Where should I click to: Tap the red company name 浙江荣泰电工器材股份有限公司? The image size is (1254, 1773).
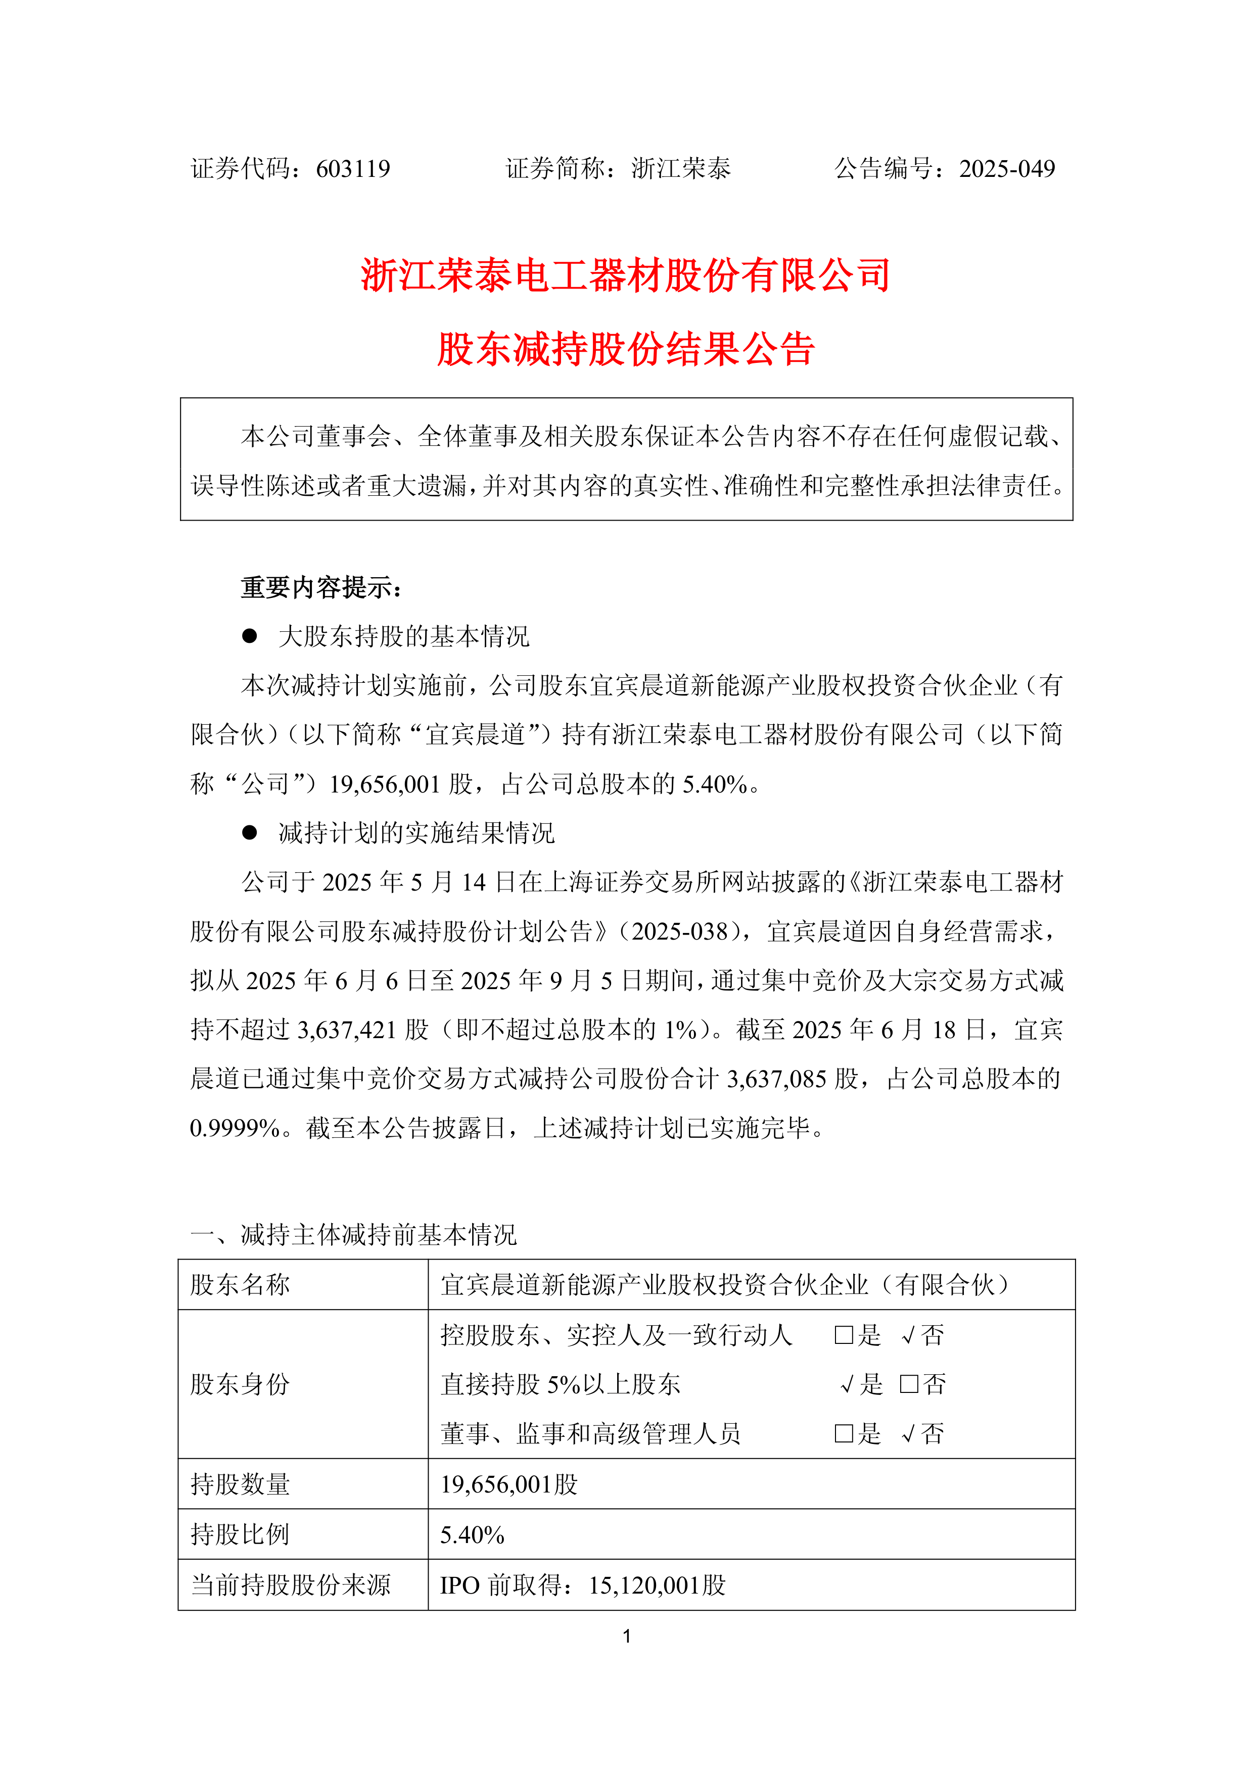click(x=626, y=275)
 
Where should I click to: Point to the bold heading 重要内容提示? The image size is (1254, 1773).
click(x=321, y=588)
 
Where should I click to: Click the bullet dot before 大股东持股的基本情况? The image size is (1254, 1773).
click(x=249, y=635)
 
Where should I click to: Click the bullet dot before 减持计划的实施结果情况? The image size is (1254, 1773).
click(x=249, y=832)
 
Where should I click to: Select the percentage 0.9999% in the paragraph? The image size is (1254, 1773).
click(x=235, y=1128)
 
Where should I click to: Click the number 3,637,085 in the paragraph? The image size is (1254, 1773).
click(x=776, y=1079)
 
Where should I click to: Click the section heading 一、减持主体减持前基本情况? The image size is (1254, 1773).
click(x=354, y=1235)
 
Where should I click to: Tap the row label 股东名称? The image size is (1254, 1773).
click(x=240, y=1285)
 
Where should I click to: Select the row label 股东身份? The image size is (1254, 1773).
click(x=240, y=1384)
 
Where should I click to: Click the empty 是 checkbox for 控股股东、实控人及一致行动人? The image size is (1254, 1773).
click(x=843, y=1335)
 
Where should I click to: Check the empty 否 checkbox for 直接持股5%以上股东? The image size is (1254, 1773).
click(x=909, y=1384)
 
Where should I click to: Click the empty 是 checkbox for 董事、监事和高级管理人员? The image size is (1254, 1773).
click(x=843, y=1434)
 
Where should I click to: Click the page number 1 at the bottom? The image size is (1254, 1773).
click(x=627, y=1637)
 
